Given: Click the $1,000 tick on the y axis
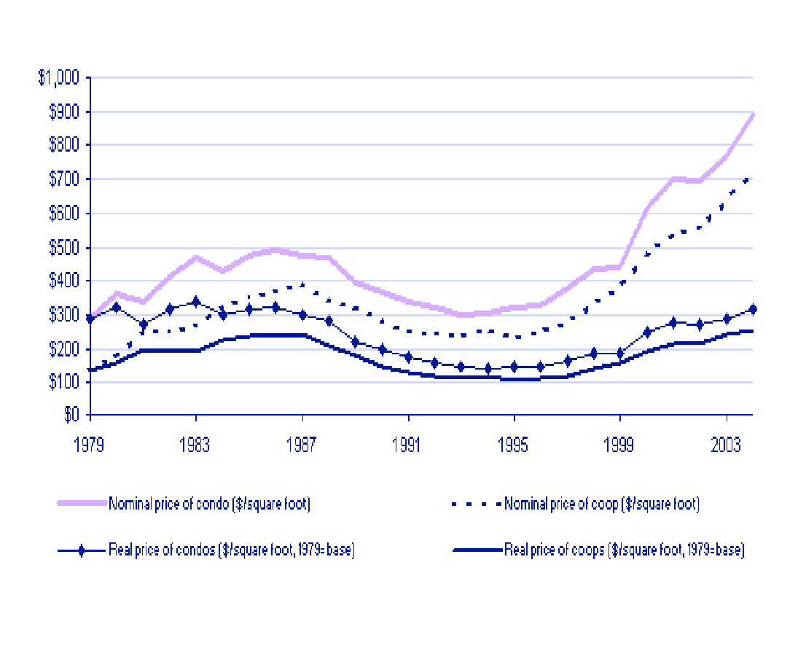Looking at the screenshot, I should pos(61,79).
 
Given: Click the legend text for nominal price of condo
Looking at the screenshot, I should pos(209,504).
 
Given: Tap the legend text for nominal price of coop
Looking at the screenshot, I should pos(602,504).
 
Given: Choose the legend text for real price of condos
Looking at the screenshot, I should pos(231,550).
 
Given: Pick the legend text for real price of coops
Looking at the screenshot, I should pos(624,550).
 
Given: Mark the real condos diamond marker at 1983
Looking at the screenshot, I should pos(196,302).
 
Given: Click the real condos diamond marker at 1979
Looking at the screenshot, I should pos(90,319).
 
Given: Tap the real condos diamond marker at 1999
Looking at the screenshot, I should pos(620,354).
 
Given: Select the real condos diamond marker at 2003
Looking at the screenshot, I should pos(727,319).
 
